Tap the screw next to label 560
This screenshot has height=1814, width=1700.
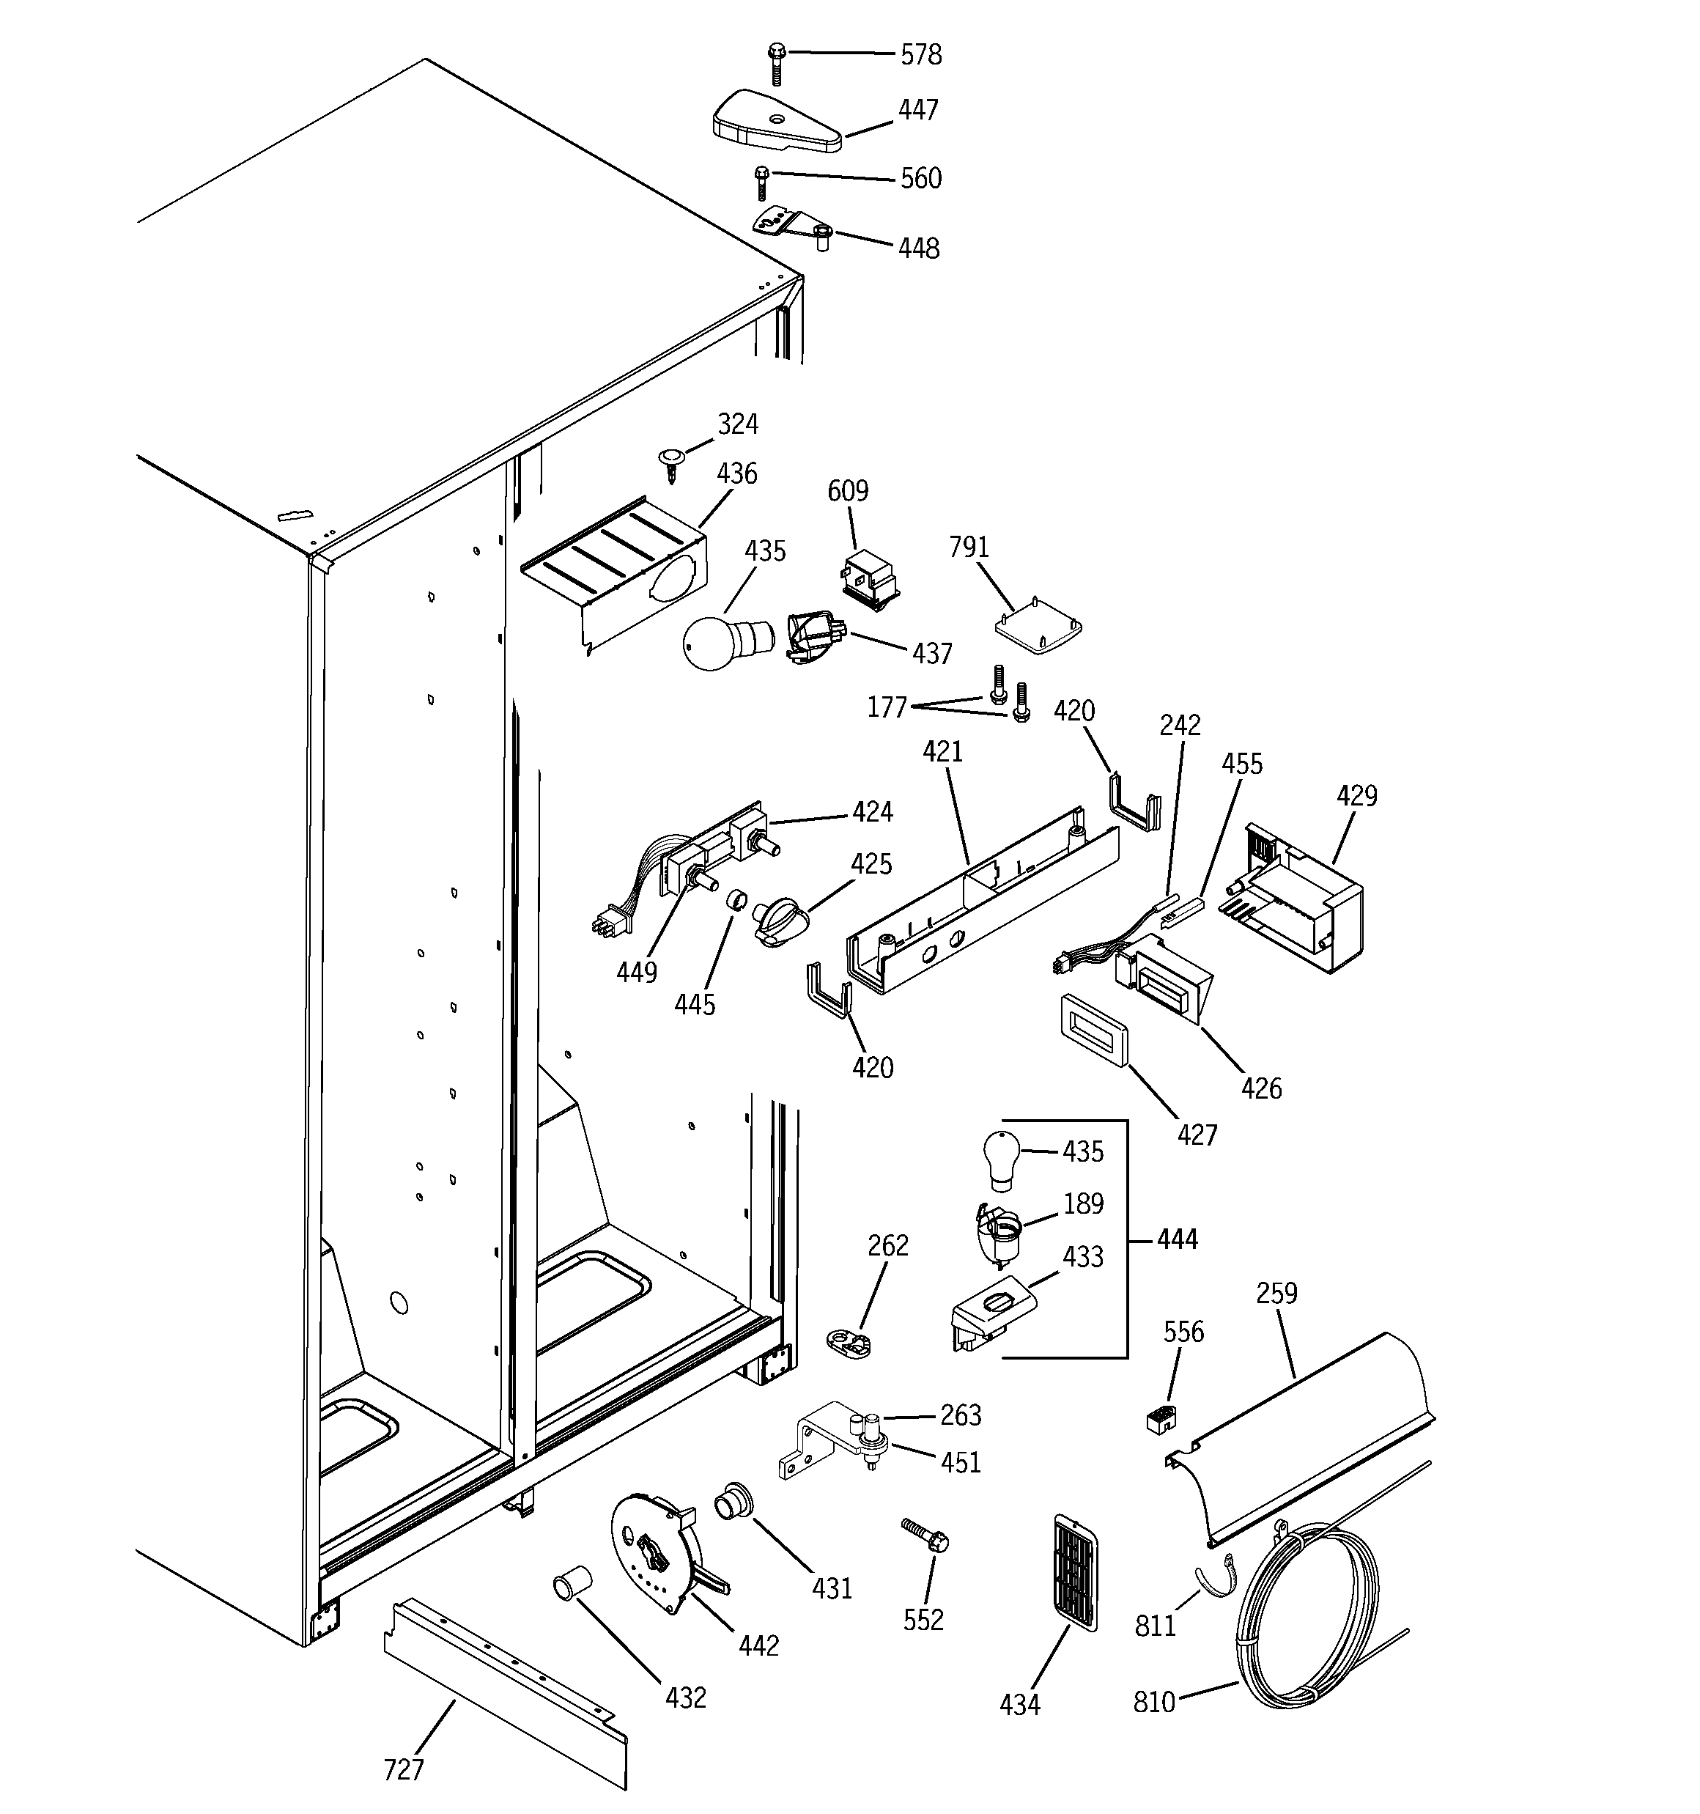pos(761,182)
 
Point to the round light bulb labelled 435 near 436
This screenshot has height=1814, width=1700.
pos(714,641)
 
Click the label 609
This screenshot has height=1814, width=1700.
pos(847,491)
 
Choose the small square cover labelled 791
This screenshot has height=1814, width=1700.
pos(1038,630)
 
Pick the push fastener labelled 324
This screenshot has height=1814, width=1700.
pos(670,461)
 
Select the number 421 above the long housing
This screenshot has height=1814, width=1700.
pos(942,752)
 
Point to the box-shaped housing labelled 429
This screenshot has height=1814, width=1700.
pos(1303,899)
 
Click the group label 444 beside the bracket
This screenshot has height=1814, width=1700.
pos(1176,1239)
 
